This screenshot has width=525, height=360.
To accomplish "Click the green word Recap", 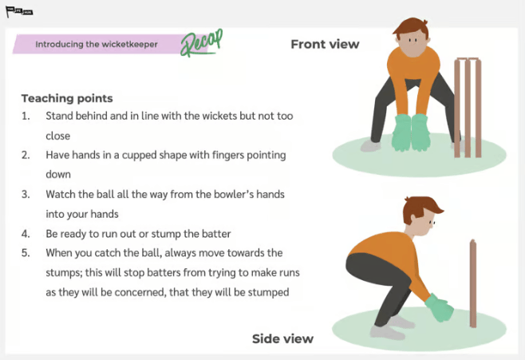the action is tap(202, 43).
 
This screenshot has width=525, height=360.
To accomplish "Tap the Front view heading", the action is tap(325, 44).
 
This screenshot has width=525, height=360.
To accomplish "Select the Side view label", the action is tap(282, 338).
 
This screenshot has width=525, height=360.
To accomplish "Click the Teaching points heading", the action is tap(67, 98).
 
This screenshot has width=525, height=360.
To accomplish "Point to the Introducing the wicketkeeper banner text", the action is tap(97, 44).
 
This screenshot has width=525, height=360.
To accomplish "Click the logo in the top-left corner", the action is tap(19, 12).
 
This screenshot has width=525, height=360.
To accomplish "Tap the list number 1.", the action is tap(26, 116).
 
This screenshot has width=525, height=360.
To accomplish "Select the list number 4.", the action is tap(26, 234).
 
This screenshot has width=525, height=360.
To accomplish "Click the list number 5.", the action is tap(26, 253).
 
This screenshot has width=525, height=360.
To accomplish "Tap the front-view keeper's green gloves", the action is tap(411, 133).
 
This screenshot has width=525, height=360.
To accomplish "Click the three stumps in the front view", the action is tap(468, 108).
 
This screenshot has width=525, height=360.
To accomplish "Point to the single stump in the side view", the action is tap(473, 283).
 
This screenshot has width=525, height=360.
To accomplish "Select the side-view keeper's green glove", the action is tap(440, 308).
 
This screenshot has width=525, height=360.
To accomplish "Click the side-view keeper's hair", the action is tap(420, 207).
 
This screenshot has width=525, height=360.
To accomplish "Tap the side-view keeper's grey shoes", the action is tap(391, 327).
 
